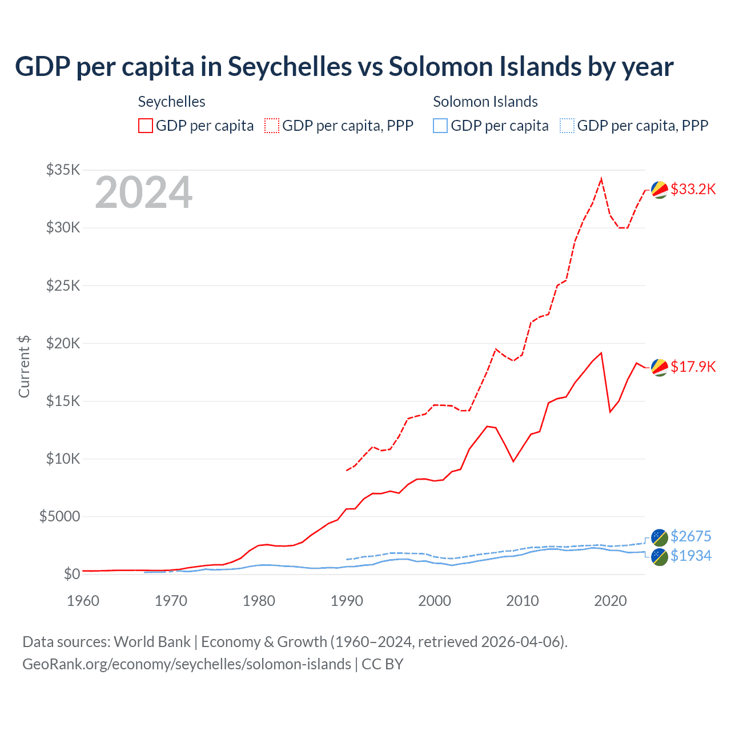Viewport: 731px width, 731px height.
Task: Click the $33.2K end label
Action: (x=693, y=189)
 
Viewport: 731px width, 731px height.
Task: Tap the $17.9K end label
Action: (x=693, y=367)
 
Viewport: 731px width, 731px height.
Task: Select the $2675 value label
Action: (x=690, y=536)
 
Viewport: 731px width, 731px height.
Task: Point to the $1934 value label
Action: (x=690, y=556)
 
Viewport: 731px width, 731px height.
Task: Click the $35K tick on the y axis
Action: (x=63, y=170)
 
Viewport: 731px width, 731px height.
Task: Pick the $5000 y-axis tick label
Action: (x=59, y=516)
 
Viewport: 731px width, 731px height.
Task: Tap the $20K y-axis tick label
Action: (x=63, y=343)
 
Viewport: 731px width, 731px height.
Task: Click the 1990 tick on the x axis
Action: (x=347, y=601)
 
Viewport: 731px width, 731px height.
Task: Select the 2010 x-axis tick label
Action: (x=523, y=601)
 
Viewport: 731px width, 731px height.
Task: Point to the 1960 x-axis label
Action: (x=83, y=601)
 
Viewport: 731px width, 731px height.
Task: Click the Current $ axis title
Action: (x=24, y=367)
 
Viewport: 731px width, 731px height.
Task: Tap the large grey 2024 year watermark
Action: (x=143, y=192)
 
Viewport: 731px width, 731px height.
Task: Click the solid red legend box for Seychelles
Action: (x=146, y=126)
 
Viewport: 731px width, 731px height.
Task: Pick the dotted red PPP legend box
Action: (x=272, y=126)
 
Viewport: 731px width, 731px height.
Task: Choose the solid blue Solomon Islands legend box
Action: (x=440, y=126)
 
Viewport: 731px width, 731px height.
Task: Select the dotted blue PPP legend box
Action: (x=567, y=126)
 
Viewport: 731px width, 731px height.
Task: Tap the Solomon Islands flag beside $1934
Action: (x=660, y=557)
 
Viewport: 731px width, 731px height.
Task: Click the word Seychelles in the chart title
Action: (x=290, y=66)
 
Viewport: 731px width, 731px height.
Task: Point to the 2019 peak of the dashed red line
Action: (x=601, y=179)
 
